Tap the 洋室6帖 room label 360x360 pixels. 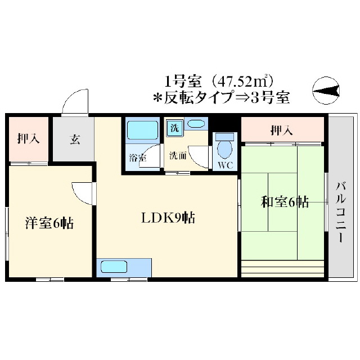pyautogui.click(x=49, y=223)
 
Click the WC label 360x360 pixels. pyautogui.click(x=224, y=165)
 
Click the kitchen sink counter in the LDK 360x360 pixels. pyautogui.click(x=124, y=267)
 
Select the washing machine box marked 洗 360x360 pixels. pyautogui.click(x=174, y=128)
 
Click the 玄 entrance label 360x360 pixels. pyautogui.click(x=75, y=139)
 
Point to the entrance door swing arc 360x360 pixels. pyautogui.click(x=75, y=101)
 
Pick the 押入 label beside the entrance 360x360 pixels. pyautogui.click(x=28, y=139)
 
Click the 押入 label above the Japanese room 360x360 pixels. pyautogui.click(x=282, y=131)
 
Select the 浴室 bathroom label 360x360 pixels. pyautogui.click(x=137, y=159)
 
